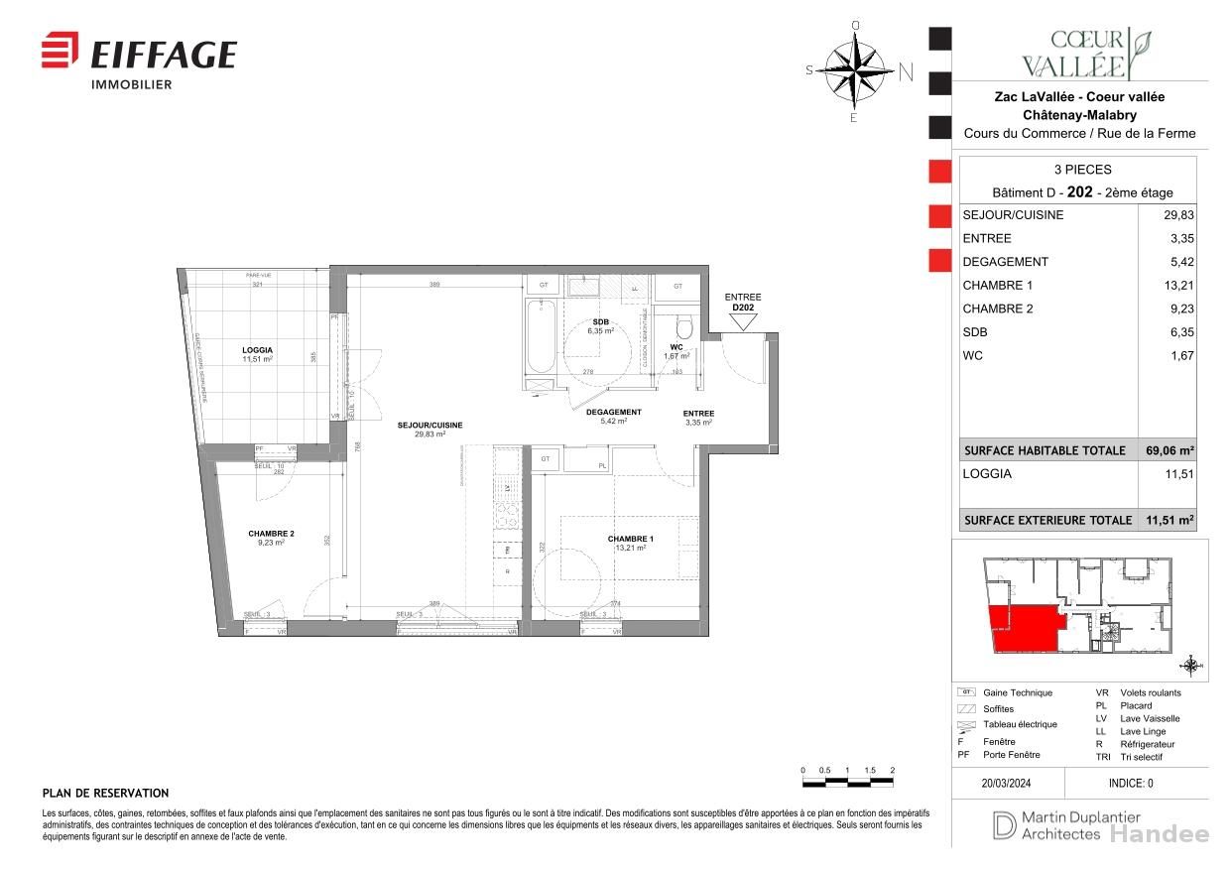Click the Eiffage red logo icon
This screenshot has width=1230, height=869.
60,51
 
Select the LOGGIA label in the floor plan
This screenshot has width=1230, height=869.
257,350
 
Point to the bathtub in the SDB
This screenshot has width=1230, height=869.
541,337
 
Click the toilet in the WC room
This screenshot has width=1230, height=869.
681,328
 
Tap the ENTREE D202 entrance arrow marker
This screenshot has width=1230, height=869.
743,321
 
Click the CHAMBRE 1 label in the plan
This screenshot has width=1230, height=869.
631,540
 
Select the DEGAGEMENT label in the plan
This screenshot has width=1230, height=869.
613,412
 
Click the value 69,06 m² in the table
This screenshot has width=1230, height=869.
1171,450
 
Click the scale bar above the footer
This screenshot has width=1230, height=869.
847,784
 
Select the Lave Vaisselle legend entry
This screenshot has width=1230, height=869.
1149,718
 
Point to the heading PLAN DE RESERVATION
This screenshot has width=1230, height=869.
105,794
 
